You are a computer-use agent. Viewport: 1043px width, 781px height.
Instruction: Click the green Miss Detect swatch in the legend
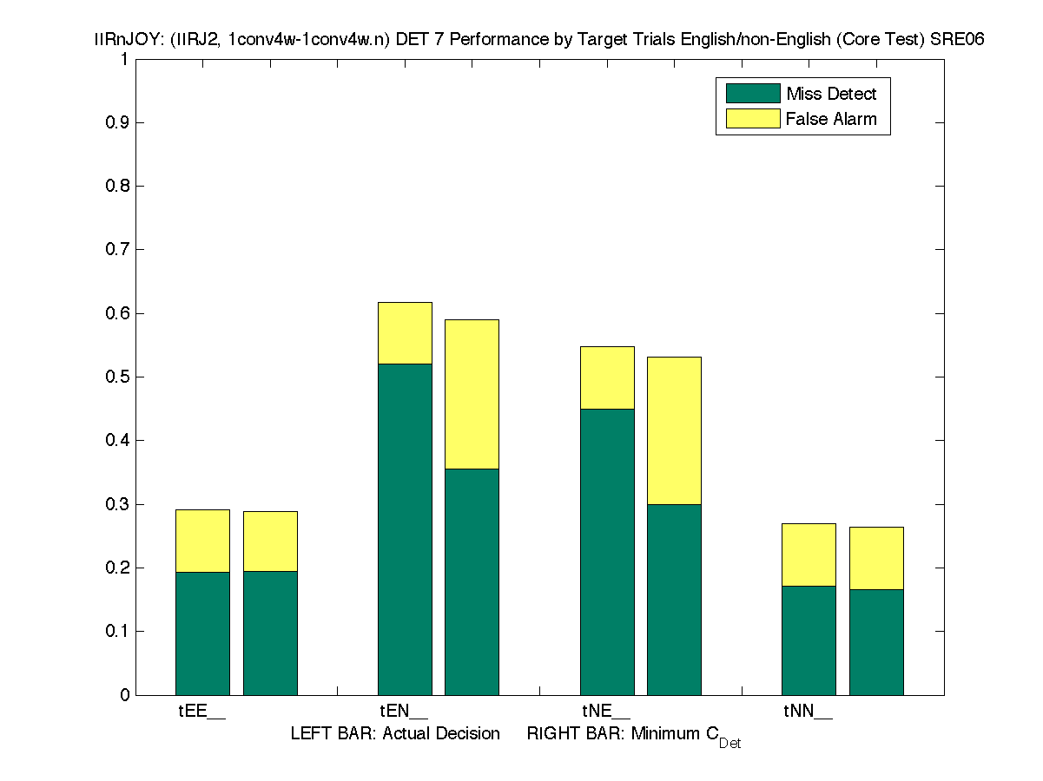tap(753, 94)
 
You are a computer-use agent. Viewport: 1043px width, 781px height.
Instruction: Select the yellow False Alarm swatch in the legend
tap(753, 119)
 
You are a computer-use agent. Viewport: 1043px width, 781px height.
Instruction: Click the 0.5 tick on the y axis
tap(118, 377)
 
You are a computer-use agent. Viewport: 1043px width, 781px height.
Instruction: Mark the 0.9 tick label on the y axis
tap(118, 122)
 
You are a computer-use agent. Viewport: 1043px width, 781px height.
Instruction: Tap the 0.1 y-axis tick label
tap(118, 631)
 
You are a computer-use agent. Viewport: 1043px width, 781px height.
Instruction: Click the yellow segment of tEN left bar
tap(405, 332)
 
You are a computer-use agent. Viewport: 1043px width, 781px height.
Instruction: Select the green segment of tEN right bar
tap(472, 581)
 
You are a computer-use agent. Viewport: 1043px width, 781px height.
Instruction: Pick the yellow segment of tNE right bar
tap(674, 430)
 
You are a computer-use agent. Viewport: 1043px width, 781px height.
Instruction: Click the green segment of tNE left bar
tap(607, 551)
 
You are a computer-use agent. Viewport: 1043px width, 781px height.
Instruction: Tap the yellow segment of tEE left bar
tap(202, 541)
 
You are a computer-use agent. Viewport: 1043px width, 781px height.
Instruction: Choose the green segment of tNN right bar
tap(876, 642)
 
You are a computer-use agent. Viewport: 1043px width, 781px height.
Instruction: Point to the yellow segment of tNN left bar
tap(809, 555)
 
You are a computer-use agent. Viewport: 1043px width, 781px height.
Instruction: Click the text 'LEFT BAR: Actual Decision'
tap(395, 734)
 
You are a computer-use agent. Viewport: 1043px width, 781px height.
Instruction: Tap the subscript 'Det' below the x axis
tap(729, 744)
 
